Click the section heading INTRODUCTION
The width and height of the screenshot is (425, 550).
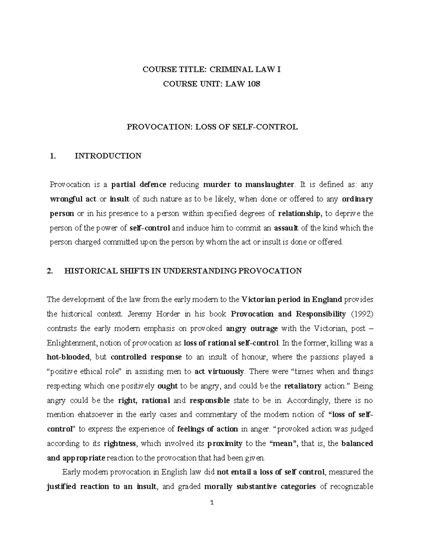click(108, 156)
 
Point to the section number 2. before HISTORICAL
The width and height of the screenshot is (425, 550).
click(50, 271)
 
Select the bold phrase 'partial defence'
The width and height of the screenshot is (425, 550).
click(139, 185)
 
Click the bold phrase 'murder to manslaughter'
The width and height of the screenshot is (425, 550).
click(249, 185)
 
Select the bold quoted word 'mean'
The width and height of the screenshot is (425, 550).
click(284, 443)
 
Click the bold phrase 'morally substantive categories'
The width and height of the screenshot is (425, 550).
click(260, 487)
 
